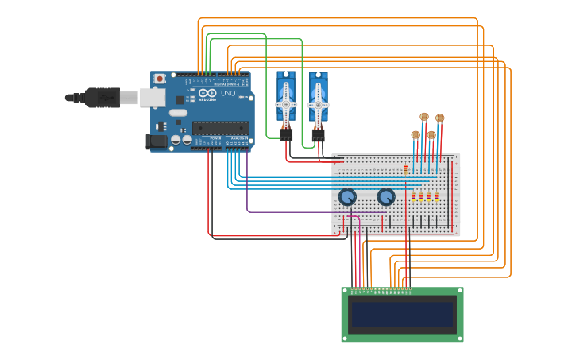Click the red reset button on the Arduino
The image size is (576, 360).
[160, 79]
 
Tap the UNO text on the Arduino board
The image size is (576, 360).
[226, 94]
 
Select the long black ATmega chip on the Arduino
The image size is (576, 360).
[220, 127]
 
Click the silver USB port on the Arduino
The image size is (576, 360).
[153, 97]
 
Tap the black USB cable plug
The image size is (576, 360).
[102, 97]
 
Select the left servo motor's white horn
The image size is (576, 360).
[286, 104]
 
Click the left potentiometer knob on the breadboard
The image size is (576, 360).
[347, 196]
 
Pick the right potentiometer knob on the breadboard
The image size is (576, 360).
[385, 196]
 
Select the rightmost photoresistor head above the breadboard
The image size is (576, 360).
[439, 118]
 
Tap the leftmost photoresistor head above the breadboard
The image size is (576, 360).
[416, 135]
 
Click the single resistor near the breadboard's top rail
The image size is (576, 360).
[406, 168]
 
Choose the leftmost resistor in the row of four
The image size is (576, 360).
[413, 196]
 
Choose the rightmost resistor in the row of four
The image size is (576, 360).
[436, 196]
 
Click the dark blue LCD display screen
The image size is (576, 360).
[403, 314]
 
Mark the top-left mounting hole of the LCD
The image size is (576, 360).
[346, 292]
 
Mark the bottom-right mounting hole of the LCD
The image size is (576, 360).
[459, 337]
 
